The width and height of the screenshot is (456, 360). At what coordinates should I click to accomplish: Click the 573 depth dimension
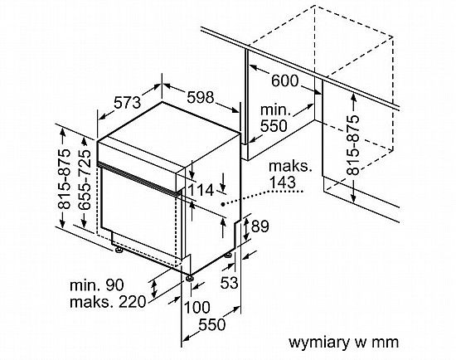tap(127, 102)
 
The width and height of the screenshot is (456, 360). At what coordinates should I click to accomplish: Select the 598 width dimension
tap(201, 97)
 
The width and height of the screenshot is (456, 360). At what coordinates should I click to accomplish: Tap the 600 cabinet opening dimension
tap(285, 81)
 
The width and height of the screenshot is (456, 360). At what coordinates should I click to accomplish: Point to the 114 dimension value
tap(201, 191)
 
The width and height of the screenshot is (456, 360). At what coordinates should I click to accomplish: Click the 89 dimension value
tap(260, 226)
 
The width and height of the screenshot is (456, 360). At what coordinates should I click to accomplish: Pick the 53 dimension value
tap(229, 282)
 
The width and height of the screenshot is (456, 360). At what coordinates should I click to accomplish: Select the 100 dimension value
tap(196, 307)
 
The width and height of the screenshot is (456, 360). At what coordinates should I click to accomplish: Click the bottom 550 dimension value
tap(212, 324)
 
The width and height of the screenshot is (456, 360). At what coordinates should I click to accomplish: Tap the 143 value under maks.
tap(283, 182)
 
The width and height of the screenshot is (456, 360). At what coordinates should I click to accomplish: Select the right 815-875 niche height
tap(353, 145)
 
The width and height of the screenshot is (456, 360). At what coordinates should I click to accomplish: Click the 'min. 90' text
tap(97, 285)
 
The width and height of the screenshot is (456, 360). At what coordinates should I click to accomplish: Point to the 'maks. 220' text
tap(108, 302)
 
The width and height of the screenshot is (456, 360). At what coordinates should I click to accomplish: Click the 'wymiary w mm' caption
tap(343, 343)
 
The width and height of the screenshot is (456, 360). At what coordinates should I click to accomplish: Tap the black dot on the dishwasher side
tap(223, 204)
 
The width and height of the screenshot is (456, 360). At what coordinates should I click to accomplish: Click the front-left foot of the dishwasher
tap(119, 250)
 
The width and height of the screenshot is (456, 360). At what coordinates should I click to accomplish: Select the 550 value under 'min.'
tap(274, 126)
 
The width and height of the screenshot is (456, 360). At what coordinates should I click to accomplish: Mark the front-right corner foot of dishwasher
tap(190, 278)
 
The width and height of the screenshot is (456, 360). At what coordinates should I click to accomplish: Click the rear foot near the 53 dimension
tap(228, 255)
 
